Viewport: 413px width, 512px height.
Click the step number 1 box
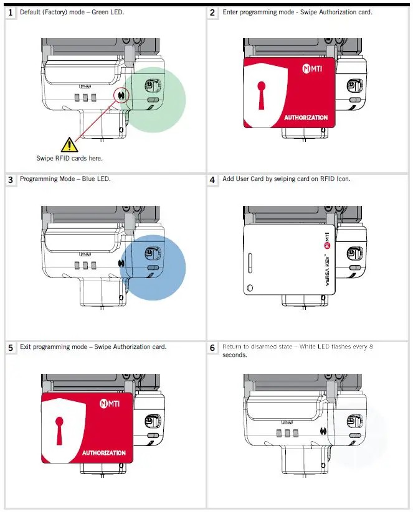point(11,12)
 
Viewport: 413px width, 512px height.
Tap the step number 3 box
point(11,180)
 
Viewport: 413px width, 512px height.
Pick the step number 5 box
point(11,347)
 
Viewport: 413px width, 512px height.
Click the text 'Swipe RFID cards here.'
point(69,158)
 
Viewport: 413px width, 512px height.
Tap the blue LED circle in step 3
point(153,268)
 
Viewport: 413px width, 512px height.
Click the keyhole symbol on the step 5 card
point(59,427)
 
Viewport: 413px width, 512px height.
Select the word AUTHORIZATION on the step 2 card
point(305,118)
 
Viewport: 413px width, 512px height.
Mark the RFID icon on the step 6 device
point(323,431)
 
